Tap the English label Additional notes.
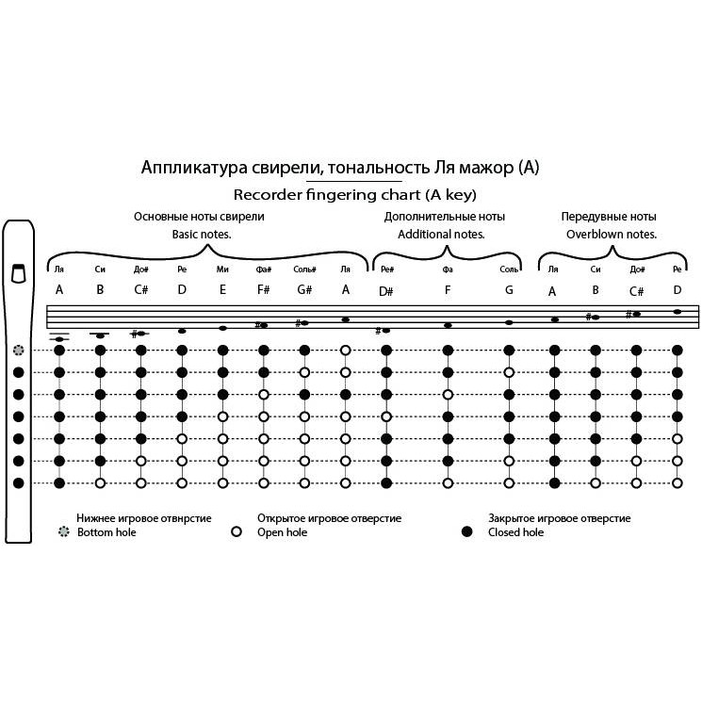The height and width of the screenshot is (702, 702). (441, 234)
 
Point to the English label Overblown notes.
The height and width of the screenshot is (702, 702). (611, 234)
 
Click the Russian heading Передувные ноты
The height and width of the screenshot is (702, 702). (609, 216)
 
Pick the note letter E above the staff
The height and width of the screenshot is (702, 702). (222, 289)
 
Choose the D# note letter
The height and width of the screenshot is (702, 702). (386, 290)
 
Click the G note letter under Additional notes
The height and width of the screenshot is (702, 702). (509, 290)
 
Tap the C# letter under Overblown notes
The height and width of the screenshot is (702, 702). (636, 290)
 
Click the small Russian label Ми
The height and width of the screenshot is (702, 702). (222, 269)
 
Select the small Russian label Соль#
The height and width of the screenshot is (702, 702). (303, 269)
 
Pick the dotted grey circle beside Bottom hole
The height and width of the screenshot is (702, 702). (63, 532)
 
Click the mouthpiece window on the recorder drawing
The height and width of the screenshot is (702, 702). (18, 273)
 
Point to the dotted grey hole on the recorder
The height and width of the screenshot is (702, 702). (18, 350)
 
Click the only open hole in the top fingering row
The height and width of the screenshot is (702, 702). (345, 350)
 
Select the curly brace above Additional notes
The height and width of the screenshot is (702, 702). (448, 253)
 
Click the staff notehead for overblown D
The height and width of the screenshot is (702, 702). (677, 312)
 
